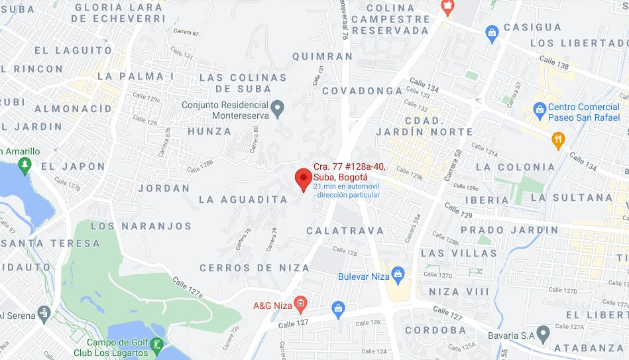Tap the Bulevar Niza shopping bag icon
398,274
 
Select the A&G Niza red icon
300,305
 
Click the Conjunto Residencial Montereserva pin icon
278,106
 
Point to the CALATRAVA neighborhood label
345,231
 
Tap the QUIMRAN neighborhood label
323,56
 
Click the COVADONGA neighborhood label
363,90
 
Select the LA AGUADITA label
243,199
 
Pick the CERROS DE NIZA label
255,268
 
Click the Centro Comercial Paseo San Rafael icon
540,107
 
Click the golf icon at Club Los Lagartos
156,345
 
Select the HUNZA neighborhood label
209,131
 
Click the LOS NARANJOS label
141,226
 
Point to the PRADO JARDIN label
509,230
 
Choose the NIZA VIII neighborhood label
458,292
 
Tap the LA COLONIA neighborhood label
515,166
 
